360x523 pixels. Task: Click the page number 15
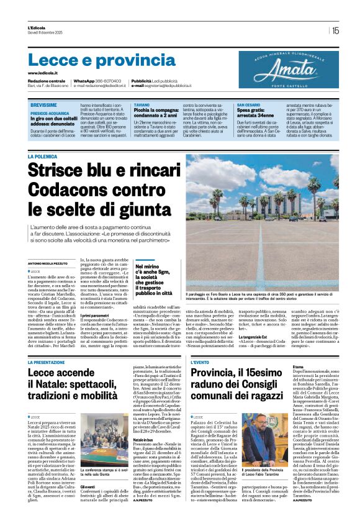click(x=336, y=30)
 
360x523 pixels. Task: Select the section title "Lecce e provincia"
click(x=93, y=60)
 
